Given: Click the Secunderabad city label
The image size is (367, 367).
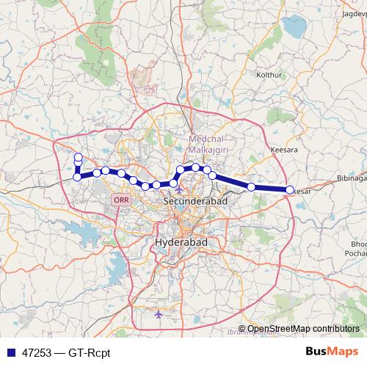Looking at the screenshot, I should tap(195, 200).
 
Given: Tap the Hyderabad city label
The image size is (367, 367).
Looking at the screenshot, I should tap(183, 241).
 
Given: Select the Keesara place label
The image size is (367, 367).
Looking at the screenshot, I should tap(283, 149).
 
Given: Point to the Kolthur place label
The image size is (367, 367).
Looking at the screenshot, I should tap(267, 75).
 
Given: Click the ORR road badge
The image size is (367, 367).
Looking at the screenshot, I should tap(120, 200).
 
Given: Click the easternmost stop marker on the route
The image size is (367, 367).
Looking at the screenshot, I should tap(289, 189).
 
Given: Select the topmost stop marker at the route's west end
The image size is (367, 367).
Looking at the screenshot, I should tap(78, 156).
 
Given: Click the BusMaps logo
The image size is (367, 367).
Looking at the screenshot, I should tap(333, 352).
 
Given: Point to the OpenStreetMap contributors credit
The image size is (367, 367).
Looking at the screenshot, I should tap(303, 329).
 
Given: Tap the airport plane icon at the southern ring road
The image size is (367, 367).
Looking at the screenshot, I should tap(159, 314).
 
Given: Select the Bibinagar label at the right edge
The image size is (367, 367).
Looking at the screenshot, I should tap(351, 178).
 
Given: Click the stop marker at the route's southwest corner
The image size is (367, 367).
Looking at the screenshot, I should tap(77, 176).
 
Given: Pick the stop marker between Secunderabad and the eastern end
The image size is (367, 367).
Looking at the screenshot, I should tap(252, 187).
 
